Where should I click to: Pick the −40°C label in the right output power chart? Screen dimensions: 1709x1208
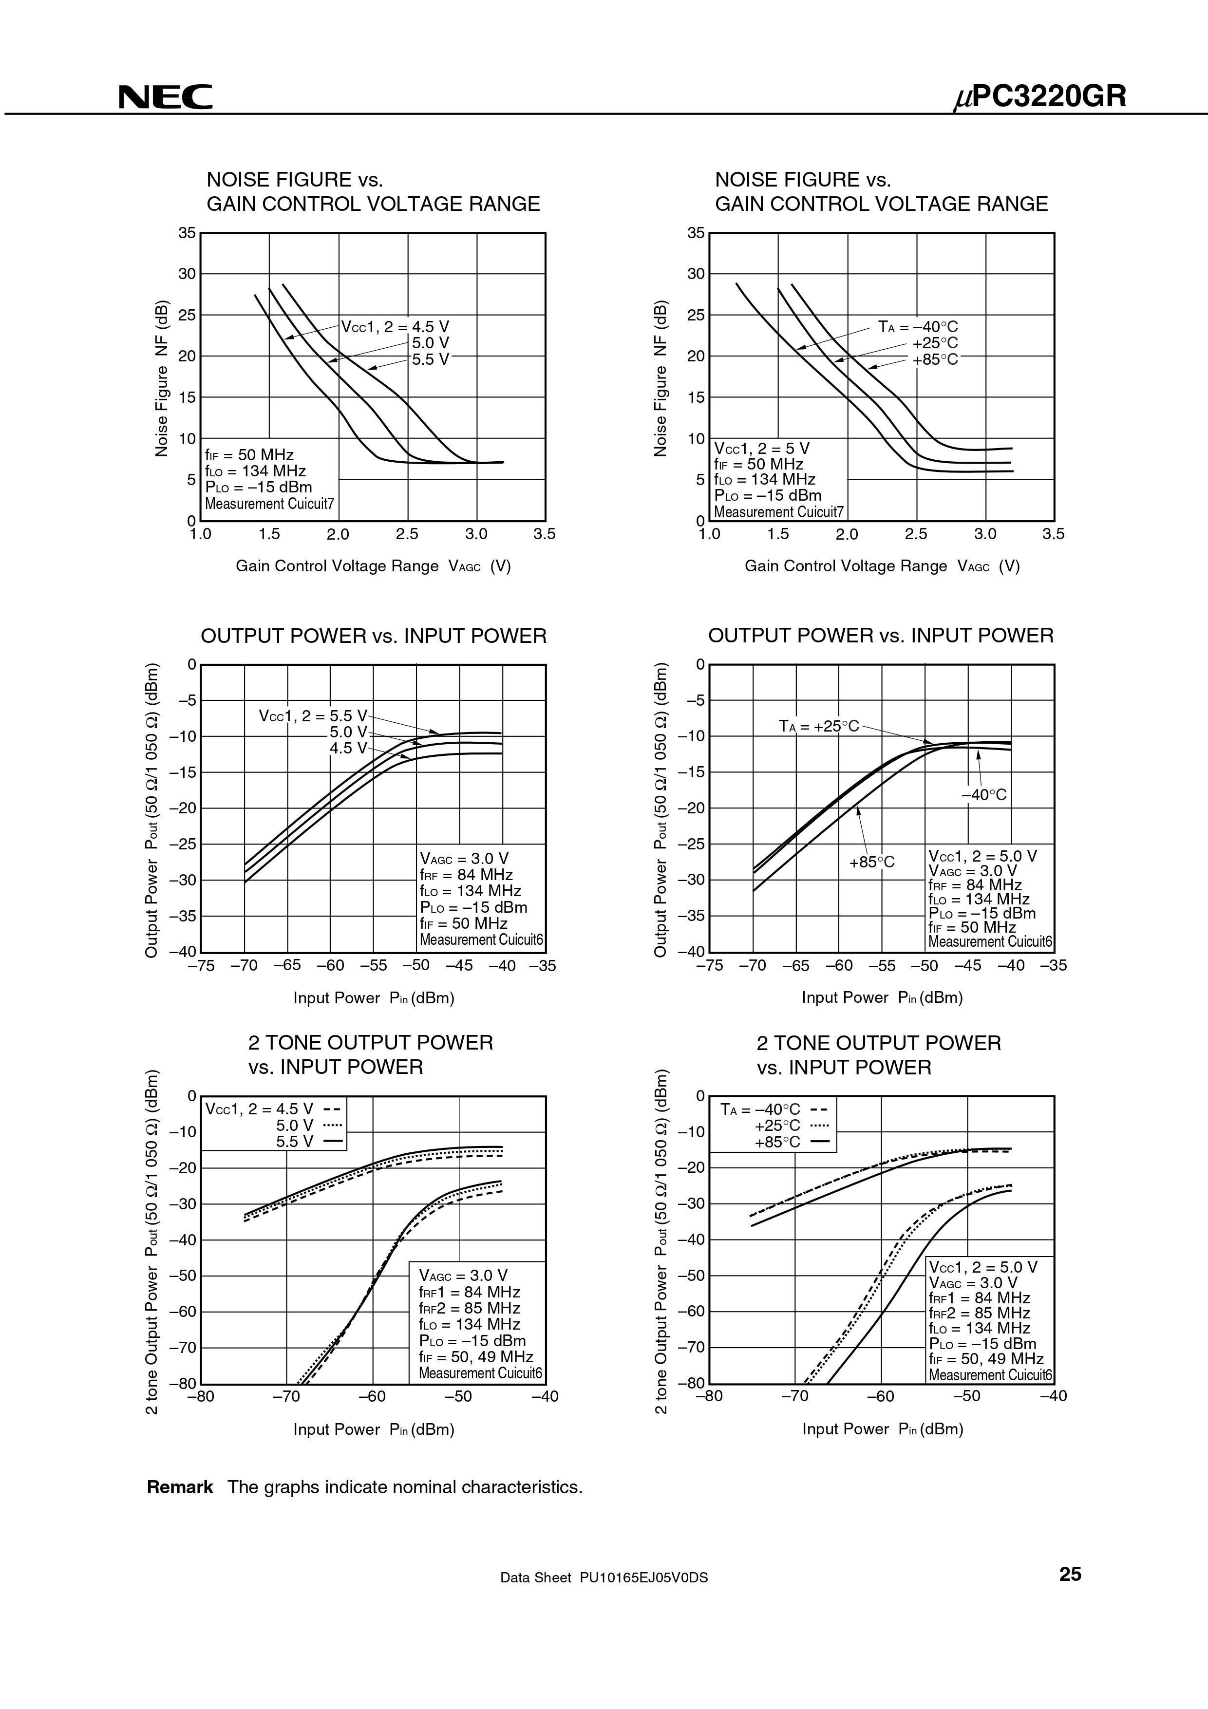pyautogui.click(x=984, y=795)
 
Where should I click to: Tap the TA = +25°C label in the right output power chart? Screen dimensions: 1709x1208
pyautogui.click(x=819, y=726)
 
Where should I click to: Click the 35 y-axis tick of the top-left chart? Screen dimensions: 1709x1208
pyautogui.click(x=187, y=233)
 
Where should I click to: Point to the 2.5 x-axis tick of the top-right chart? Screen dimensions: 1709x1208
pyautogui.click(x=916, y=534)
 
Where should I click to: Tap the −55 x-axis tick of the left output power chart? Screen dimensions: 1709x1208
pyautogui.click(x=373, y=965)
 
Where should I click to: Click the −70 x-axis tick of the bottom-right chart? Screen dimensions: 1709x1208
pyautogui.click(x=795, y=1396)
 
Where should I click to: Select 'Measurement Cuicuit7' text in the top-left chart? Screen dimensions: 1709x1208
pyautogui.click(x=269, y=504)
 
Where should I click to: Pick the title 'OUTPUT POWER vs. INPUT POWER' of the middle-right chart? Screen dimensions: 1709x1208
pyautogui.click(x=881, y=636)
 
